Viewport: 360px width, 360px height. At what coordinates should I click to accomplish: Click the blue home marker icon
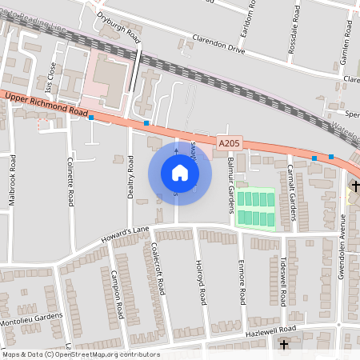[x=180, y=172]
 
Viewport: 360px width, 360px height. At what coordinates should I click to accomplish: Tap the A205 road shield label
[x=229, y=142]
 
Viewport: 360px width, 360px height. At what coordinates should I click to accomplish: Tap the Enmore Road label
[x=241, y=282]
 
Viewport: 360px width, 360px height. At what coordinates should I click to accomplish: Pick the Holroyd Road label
[x=200, y=282]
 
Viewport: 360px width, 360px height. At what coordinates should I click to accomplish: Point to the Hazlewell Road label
[x=271, y=330]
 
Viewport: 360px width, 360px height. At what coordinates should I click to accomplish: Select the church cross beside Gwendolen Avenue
[x=355, y=186]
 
